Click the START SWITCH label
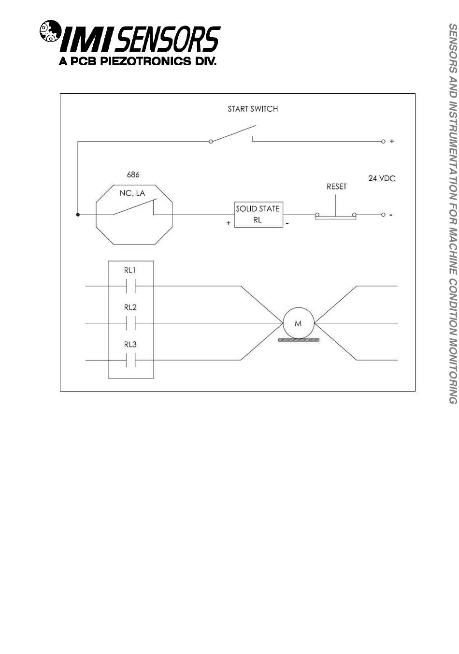pos(253,109)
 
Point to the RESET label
pos(336,187)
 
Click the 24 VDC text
pos(382,178)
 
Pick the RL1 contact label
pos(130,270)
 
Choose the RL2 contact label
pos(130,307)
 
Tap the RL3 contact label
pos(130,345)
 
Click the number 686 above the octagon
pos(133,174)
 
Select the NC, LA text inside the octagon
pos(132,193)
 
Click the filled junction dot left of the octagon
pos(78,215)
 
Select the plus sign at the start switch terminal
pos(392,142)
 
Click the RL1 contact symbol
pos(130,287)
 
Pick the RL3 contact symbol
pos(130,360)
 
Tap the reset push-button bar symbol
pos(336,218)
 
